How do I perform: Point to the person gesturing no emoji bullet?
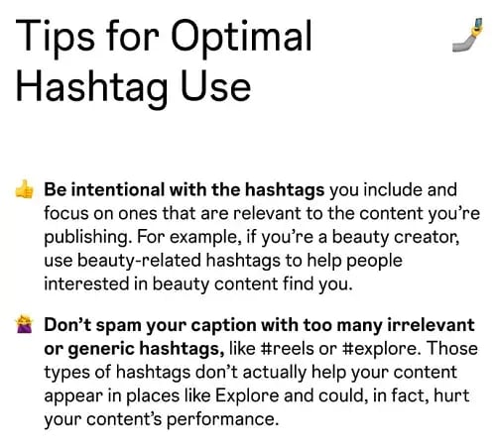[x=23, y=325]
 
